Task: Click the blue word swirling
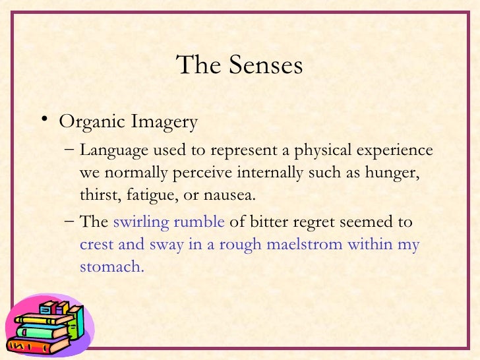(x=141, y=222)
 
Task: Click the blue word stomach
(x=111, y=266)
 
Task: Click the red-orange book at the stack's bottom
(x=39, y=344)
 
